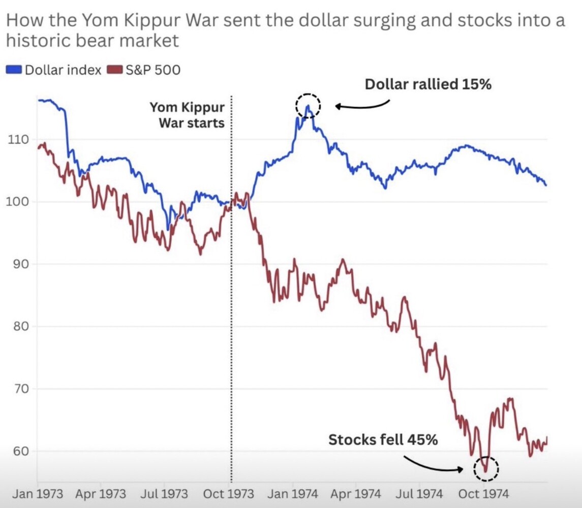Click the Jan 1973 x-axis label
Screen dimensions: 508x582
38,494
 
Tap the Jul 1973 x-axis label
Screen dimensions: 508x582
163,494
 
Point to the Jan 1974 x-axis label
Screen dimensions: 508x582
293,494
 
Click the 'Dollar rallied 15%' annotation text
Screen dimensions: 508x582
428,84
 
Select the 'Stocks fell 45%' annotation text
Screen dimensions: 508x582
383,439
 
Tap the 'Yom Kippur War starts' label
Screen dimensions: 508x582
187,115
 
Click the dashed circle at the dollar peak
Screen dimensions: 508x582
308,106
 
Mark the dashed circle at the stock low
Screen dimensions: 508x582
486,468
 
